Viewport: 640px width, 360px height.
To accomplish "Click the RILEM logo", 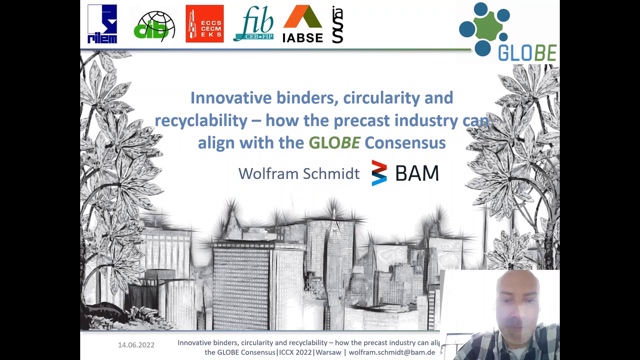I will [101, 24].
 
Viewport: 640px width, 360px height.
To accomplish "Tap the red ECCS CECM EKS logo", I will [204, 24].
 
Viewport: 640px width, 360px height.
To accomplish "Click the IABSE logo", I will [302, 24].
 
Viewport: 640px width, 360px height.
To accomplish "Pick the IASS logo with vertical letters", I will [337, 24].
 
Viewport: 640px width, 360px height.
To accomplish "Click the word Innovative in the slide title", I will [237, 99].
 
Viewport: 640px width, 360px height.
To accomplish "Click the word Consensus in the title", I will [405, 143].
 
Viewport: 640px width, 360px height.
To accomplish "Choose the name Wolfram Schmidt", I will [297, 173].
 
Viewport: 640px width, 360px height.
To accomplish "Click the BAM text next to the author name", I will [417, 173].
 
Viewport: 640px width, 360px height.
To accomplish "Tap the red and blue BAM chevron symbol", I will [378, 173].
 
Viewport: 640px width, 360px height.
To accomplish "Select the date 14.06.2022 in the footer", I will [136, 343].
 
